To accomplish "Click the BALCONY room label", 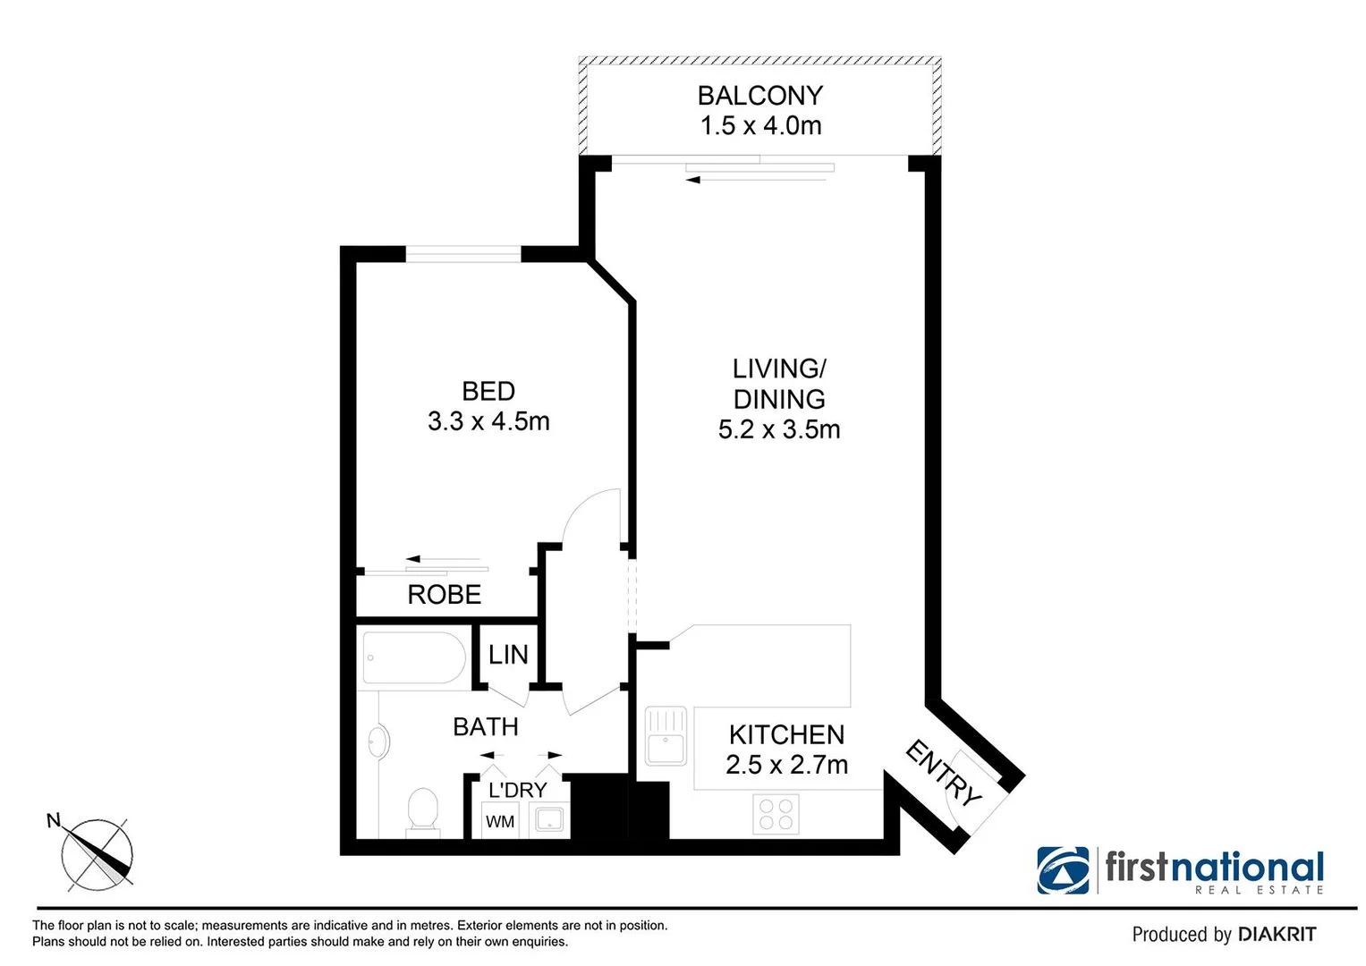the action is (x=759, y=96).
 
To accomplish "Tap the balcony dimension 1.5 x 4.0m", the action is (x=760, y=125).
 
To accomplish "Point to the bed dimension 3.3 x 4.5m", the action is (x=488, y=421).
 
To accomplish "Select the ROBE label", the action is (x=444, y=595).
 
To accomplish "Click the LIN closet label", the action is (x=508, y=655).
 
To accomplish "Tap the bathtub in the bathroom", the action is (x=413, y=657).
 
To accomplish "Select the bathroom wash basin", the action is (x=378, y=742).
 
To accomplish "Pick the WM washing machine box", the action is (x=500, y=821).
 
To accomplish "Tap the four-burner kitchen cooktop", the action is (x=776, y=814).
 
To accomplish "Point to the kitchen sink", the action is (x=666, y=736).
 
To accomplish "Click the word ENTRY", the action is (x=943, y=773).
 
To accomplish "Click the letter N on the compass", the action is (x=54, y=820).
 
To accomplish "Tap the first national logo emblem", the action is (x=1063, y=870).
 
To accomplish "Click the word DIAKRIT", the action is (x=1277, y=935).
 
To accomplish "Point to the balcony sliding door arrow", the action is (x=756, y=180).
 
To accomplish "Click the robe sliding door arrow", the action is (x=444, y=559).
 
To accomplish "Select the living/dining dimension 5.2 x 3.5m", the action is (x=779, y=430).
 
